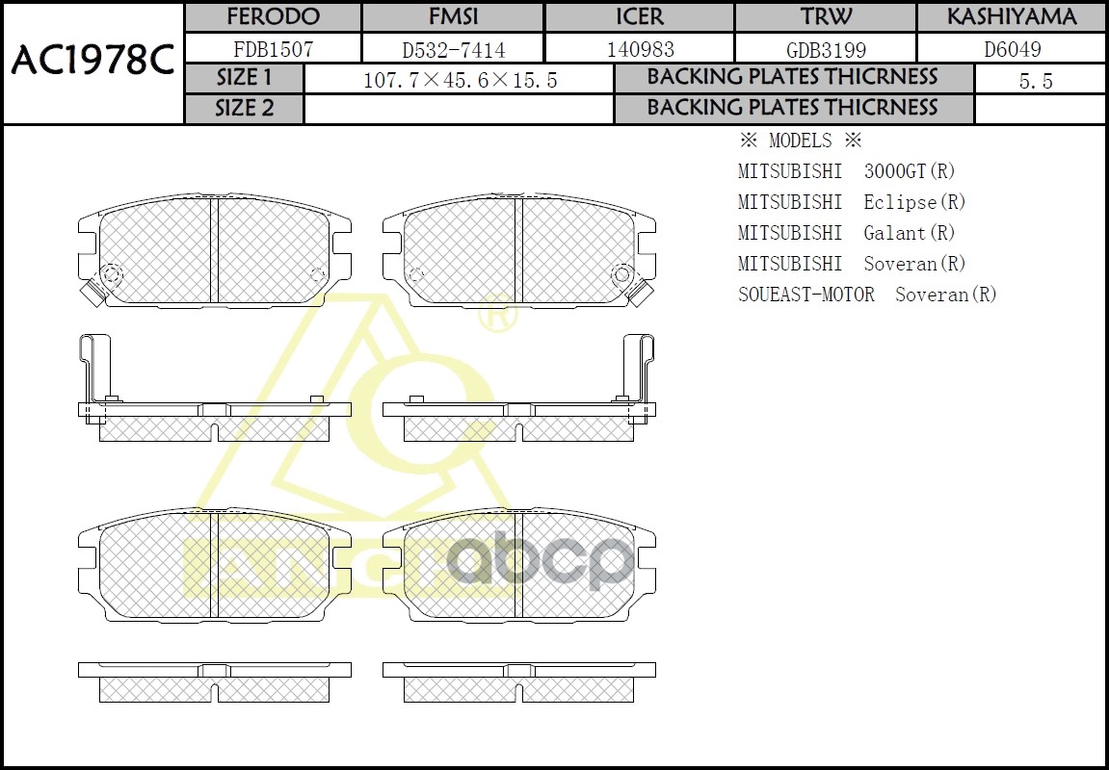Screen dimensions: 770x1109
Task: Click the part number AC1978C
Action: [x=92, y=63]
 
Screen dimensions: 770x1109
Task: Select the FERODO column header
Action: [x=273, y=17]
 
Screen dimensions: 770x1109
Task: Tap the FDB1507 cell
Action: [x=273, y=49]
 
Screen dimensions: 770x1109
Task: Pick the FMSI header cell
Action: [x=453, y=17]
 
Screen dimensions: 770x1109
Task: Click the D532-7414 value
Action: [x=453, y=49]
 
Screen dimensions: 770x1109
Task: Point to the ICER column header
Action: [x=640, y=17]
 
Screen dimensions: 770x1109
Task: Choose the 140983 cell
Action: [x=640, y=49]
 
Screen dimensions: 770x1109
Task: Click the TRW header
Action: [x=826, y=17]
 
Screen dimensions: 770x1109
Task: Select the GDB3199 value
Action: [x=826, y=49]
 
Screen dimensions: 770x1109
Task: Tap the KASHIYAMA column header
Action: [x=1011, y=17]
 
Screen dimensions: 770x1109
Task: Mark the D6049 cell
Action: [x=1011, y=49]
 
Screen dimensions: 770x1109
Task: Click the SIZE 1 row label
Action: [x=245, y=78]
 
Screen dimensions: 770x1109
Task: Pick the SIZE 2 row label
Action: [x=245, y=109]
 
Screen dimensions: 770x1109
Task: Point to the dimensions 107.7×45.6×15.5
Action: [x=460, y=81]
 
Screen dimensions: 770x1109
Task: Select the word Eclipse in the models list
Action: [x=900, y=202]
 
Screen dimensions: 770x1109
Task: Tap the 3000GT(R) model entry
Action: [x=910, y=171]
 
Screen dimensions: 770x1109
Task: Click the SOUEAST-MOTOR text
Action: [x=806, y=295]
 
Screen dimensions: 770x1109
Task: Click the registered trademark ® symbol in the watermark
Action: [x=497, y=315]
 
